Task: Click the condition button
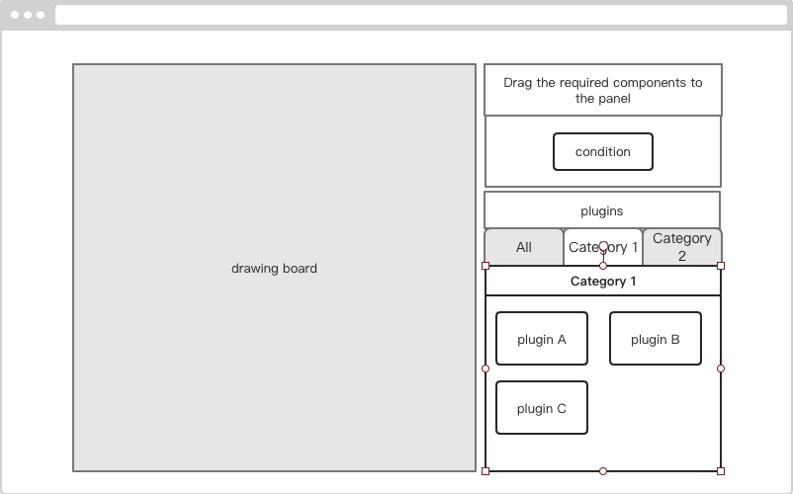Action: point(603,151)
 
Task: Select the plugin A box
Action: point(542,339)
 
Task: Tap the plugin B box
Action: point(656,339)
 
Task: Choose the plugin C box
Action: point(542,408)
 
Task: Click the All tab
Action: point(524,247)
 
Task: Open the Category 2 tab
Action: point(682,247)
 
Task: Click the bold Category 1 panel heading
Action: point(603,282)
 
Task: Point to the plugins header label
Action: point(602,211)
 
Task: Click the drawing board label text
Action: point(274,268)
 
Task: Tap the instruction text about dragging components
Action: point(603,91)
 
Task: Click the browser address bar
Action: point(421,15)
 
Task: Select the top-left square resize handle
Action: point(485,266)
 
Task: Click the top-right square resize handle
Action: point(721,266)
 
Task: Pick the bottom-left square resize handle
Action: point(485,471)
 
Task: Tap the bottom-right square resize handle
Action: point(721,471)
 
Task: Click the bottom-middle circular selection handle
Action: point(603,471)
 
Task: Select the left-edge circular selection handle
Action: point(485,369)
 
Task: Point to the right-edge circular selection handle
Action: point(721,369)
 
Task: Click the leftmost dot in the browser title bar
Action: point(15,15)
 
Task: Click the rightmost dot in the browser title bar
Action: point(41,15)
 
